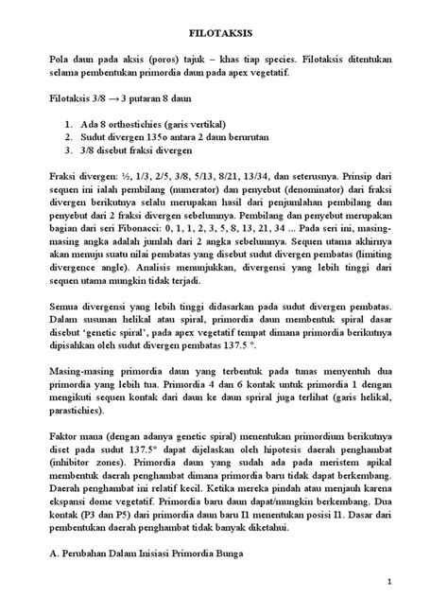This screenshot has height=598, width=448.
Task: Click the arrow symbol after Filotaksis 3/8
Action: click(x=124, y=98)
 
